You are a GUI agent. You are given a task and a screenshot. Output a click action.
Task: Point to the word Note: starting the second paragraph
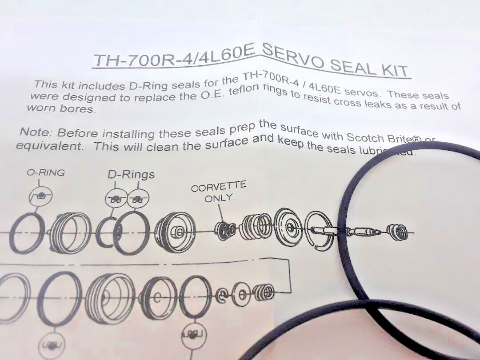[36, 132]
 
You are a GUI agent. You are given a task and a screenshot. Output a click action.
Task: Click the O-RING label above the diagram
[45, 172]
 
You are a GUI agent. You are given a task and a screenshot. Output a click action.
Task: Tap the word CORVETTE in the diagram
[218, 187]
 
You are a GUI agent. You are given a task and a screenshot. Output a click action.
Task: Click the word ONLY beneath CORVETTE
[218, 198]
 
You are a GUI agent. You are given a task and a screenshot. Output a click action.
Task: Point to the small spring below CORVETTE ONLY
[226, 230]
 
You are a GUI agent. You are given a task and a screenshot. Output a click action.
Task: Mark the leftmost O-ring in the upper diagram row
[27, 233]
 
